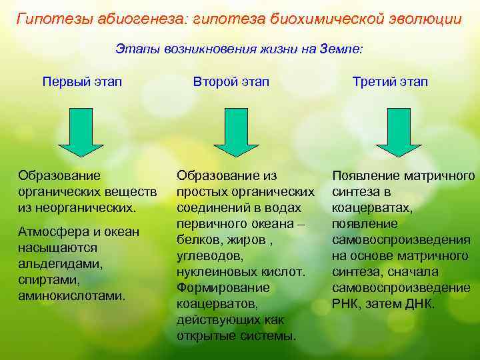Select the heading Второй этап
pos(231,82)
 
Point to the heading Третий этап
pos(391,82)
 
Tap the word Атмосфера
pos(51,232)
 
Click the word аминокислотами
pos(72,295)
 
